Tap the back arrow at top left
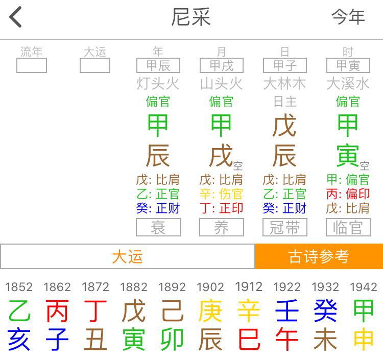[x=16, y=17]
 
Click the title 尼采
[x=190, y=17]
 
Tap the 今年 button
[x=348, y=17]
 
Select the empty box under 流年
[x=32, y=65]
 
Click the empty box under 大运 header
[x=95, y=65]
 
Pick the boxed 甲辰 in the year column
[x=158, y=65]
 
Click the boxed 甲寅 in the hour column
[x=348, y=65]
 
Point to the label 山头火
[x=221, y=83]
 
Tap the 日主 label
[x=284, y=101]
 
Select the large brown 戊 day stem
[x=284, y=126]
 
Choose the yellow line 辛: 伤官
[x=221, y=194]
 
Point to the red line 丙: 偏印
[x=348, y=194]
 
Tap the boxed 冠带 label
[x=284, y=228]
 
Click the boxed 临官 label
[x=348, y=228]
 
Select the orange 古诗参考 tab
[x=319, y=256]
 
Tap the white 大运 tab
[x=127, y=256]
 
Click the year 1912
[x=249, y=287]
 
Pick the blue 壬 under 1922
[x=287, y=311]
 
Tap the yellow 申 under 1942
[x=364, y=340]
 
